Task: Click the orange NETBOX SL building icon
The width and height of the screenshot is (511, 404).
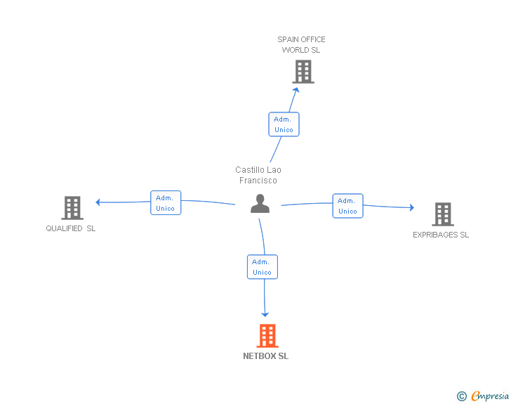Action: click(267, 336)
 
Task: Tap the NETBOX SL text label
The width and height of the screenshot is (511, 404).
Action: click(265, 356)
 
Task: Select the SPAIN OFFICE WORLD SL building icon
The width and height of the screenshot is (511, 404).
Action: click(303, 71)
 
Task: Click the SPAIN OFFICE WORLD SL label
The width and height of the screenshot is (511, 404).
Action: click(301, 44)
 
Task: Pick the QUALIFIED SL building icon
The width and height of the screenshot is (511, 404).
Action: click(72, 208)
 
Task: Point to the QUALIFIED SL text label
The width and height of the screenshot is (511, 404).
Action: click(71, 228)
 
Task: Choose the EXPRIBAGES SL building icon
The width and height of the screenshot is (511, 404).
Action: click(442, 214)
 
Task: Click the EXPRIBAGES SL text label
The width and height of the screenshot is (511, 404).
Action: click(441, 235)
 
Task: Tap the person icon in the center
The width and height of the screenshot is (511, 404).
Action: click(260, 204)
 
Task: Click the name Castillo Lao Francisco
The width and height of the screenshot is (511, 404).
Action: click(258, 175)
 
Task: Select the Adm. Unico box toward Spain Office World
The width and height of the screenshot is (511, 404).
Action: click(284, 124)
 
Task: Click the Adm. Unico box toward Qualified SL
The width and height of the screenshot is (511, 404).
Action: click(166, 202)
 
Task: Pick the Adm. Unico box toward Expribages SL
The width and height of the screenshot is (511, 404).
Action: click(347, 205)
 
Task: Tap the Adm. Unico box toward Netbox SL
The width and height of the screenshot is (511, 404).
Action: click(262, 267)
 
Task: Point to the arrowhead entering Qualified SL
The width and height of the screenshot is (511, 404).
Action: click(99, 202)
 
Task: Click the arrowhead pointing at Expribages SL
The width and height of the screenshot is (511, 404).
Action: click(411, 207)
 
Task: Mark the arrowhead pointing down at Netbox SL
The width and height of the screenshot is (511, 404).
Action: click(265, 314)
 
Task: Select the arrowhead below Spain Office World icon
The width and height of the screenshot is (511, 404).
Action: click(296, 89)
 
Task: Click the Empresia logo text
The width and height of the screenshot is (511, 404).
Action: click(490, 396)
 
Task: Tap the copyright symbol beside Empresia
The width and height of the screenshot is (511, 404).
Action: click(461, 396)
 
